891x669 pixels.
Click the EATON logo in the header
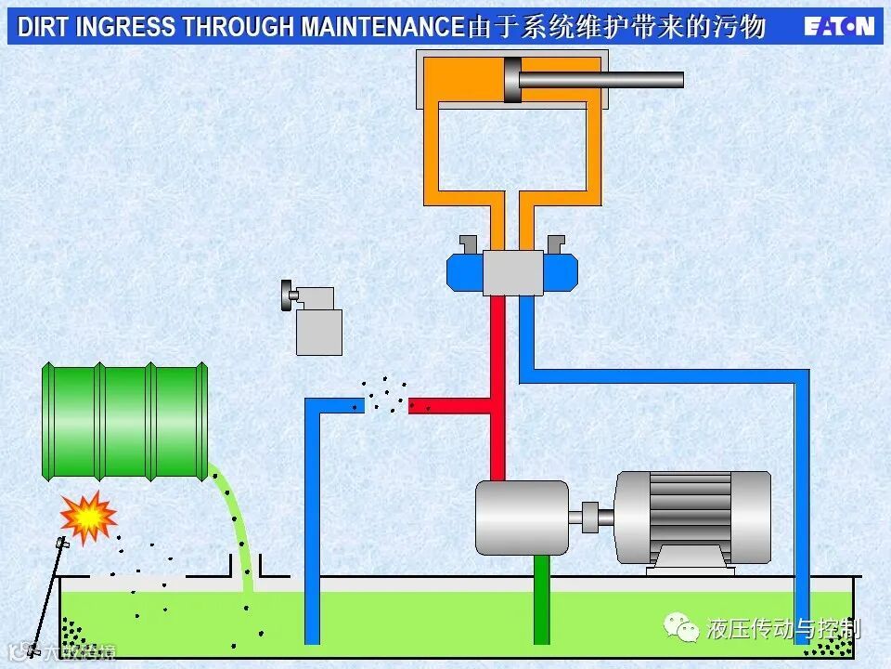pyautogui.click(x=839, y=26)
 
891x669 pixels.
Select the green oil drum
pyautogui.click(x=125, y=421)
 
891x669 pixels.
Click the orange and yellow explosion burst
pyautogui.click(x=87, y=518)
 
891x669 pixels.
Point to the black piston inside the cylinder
pyautogui.click(x=511, y=80)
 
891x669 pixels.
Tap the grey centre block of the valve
pyautogui.click(x=512, y=273)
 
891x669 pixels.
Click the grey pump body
pyautogui.click(x=521, y=518)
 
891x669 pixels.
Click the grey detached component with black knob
pyautogui.click(x=316, y=321)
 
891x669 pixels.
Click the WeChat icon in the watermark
pyautogui.click(x=682, y=628)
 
